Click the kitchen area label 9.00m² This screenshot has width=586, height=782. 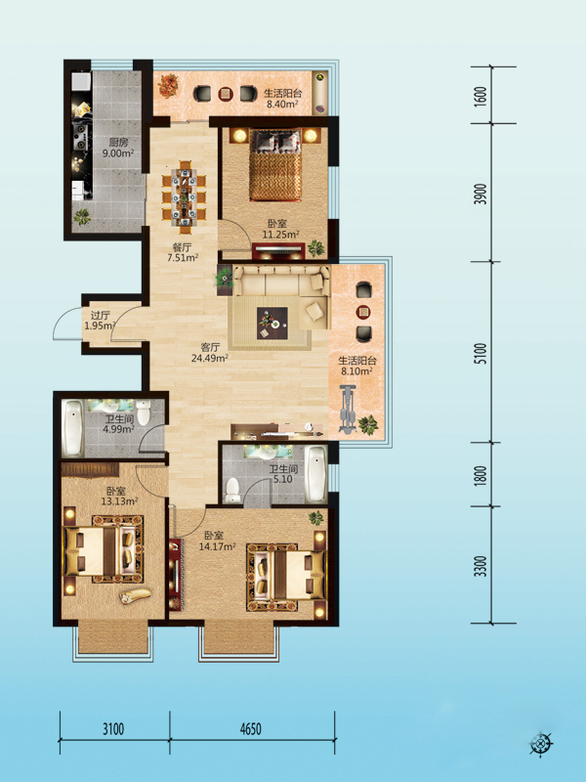118,153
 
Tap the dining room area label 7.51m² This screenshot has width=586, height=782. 184,257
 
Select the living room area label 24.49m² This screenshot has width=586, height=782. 210,357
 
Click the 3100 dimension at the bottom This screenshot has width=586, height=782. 113,729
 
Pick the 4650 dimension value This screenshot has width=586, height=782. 251,729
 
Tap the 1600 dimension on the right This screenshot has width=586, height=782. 480,96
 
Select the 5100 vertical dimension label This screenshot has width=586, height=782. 480,353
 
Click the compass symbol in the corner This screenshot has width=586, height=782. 541,745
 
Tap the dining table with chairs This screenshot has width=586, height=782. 185,196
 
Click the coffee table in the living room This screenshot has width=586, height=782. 272,324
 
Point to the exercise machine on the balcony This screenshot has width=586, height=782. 347,409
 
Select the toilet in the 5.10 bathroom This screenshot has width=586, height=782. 232,491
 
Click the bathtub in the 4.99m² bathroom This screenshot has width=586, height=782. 72,428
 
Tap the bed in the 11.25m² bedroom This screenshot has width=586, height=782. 275,165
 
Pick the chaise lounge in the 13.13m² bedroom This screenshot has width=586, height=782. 136,595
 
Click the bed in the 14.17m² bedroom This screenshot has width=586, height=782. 286,578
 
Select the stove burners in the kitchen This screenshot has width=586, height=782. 81,132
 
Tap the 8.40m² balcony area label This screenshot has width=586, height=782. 281,105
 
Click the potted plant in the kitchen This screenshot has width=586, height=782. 82,216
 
